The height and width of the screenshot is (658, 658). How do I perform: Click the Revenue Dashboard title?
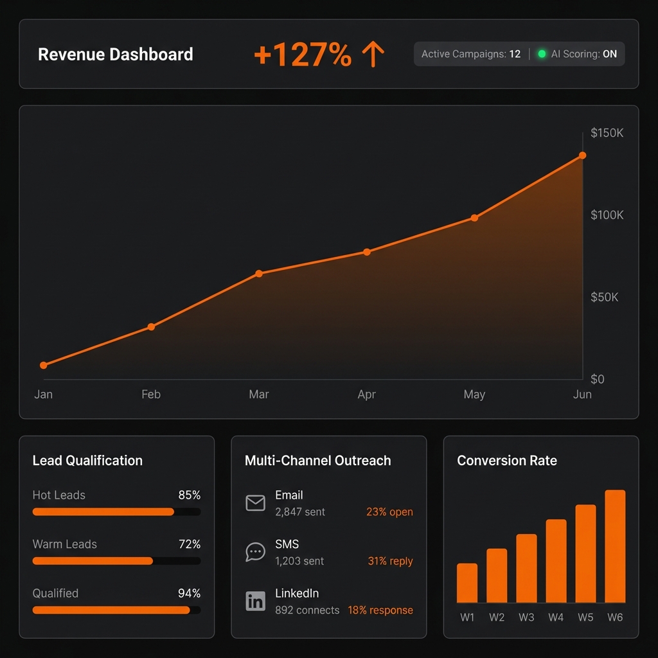116,55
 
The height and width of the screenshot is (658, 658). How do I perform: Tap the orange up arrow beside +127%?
373,55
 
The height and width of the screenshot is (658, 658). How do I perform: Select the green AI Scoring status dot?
542,54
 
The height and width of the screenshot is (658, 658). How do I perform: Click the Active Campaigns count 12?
515,54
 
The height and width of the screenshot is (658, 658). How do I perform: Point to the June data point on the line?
582,156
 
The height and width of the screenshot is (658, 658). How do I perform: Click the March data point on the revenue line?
259,274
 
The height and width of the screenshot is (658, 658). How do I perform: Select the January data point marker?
44,365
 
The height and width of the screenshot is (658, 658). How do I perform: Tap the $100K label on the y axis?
607,215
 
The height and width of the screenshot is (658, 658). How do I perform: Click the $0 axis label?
598,379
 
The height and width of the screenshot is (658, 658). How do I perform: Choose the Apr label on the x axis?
366,395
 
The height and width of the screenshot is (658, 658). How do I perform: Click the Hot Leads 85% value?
189,495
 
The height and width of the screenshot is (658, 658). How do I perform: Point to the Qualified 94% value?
189,593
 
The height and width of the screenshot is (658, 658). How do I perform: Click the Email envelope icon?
255,503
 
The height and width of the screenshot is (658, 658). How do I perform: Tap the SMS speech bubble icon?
255,552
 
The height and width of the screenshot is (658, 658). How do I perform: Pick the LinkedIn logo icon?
255,601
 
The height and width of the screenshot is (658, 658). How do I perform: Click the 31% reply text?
390,561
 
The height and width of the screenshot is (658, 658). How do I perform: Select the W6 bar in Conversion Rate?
615,546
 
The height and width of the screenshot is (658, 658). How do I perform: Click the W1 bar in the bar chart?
467,583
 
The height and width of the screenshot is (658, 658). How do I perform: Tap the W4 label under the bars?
556,618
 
